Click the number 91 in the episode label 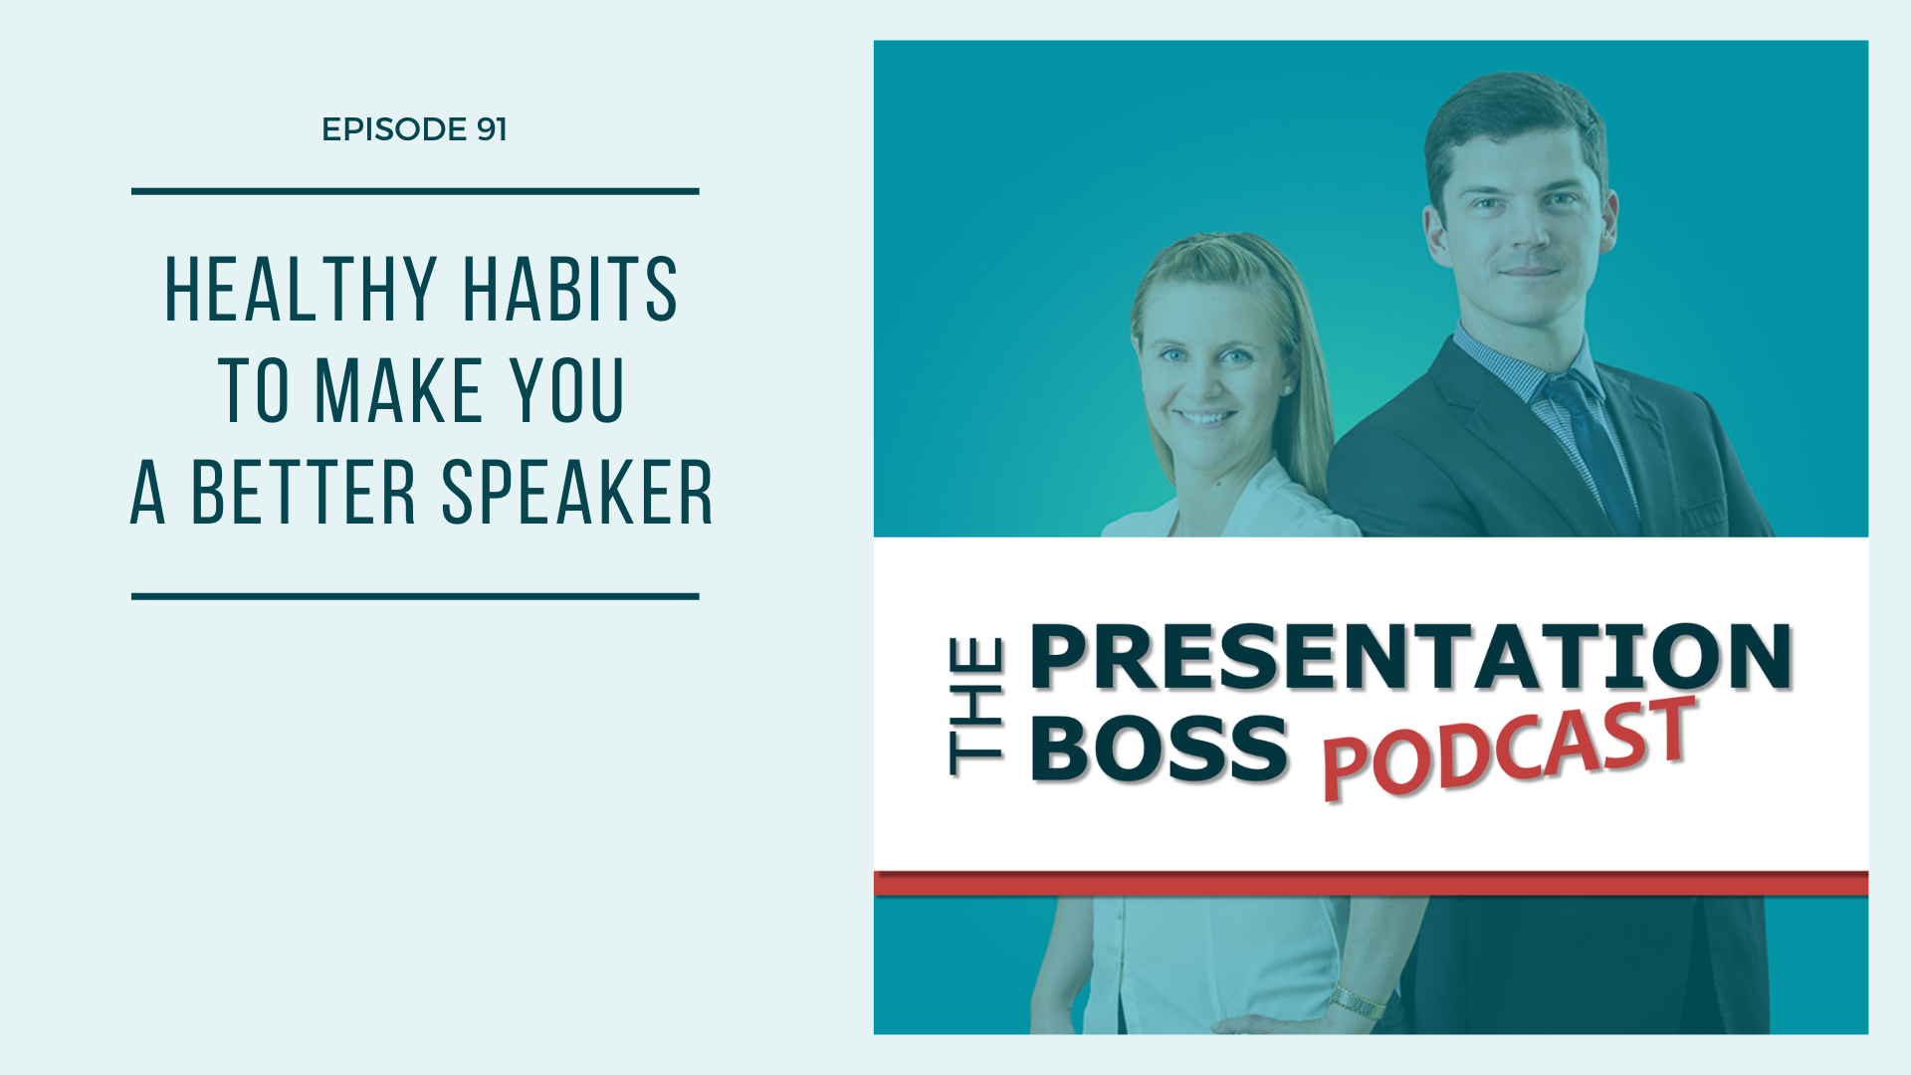pyautogui.click(x=492, y=129)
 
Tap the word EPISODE pyautogui.click(x=394, y=129)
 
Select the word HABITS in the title pyautogui.click(x=570, y=290)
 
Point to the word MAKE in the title pyautogui.click(x=399, y=390)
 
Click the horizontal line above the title pyautogui.click(x=415, y=191)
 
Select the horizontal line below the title pyautogui.click(x=415, y=597)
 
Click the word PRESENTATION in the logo pyautogui.click(x=1410, y=657)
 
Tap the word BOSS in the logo pyautogui.click(x=1160, y=748)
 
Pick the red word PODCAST pyautogui.click(x=1508, y=749)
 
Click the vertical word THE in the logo pyautogui.click(x=975, y=708)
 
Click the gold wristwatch pyautogui.click(x=1358, y=1000)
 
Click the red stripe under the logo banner pyautogui.click(x=1371, y=884)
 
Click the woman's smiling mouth pyautogui.click(x=1205, y=417)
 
